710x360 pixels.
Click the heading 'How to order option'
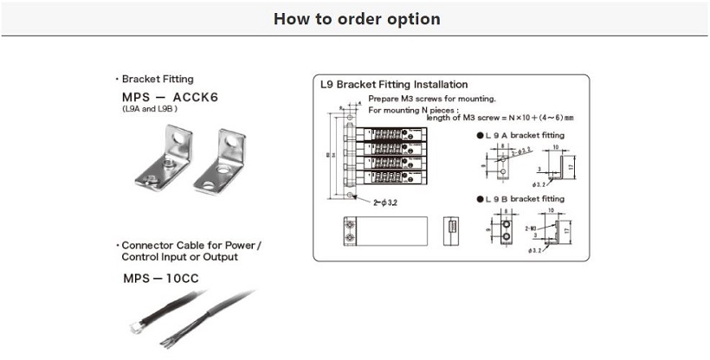tap(356, 19)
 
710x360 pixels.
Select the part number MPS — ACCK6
tap(171, 98)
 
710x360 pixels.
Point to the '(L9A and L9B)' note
tap(150, 111)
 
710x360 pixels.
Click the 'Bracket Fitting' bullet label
tap(157, 79)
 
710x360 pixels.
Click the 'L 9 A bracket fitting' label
tap(524, 136)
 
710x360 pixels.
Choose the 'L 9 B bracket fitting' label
tap(524, 199)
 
